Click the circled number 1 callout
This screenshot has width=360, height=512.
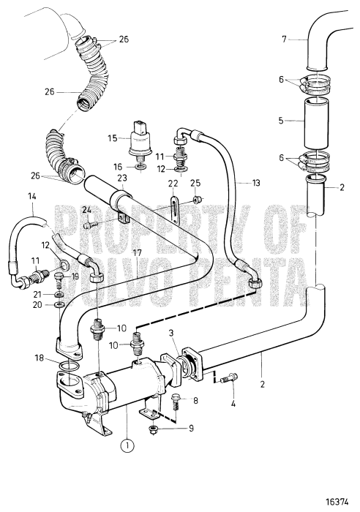coord(127,445)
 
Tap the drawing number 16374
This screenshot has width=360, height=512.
coord(337,501)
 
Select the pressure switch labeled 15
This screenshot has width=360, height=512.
coord(140,140)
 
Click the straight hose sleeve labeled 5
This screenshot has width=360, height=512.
coord(316,121)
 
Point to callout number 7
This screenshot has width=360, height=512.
coord(284,39)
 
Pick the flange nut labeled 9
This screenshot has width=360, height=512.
coord(152,430)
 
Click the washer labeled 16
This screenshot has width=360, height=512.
coord(140,167)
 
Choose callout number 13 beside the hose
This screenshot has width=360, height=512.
coord(256,183)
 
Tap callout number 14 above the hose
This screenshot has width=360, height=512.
coord(32,197)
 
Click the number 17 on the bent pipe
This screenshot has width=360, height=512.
coord(137,253)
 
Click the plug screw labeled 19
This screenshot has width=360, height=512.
coord(59,277)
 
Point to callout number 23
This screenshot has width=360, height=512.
coord(123,178)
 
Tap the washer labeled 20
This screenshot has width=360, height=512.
coord(59,306)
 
